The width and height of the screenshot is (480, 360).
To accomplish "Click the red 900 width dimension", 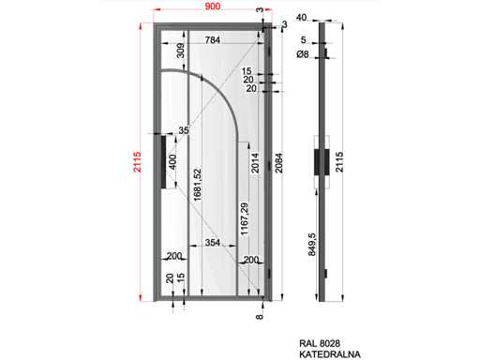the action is coord(212,6).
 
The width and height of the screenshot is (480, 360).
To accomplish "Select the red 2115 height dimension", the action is coord(137,161).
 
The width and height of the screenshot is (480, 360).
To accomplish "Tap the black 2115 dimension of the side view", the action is coord(339,161).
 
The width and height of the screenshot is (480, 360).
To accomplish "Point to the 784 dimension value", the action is coord(212,40).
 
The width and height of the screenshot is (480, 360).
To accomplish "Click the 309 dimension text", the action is coord(181,51).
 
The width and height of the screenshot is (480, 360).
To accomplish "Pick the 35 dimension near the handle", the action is coord(184,130).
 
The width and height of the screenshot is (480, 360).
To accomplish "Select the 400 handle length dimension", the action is coord(172,161).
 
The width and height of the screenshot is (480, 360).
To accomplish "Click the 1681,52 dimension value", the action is coord(198,185).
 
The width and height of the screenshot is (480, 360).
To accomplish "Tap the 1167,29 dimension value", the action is coord(245,218).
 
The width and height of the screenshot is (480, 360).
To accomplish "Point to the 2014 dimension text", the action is coord(255,162).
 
